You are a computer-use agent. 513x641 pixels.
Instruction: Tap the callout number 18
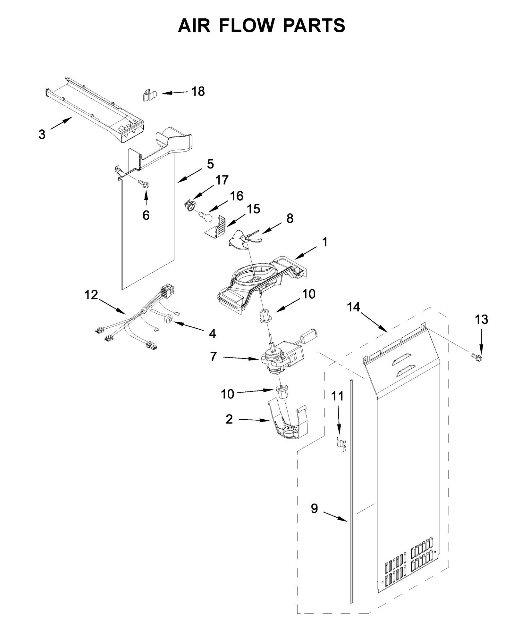pos(198,91)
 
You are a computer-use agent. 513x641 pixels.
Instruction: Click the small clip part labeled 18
pos(149,95)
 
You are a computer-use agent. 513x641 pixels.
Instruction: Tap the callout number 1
pos(325,242)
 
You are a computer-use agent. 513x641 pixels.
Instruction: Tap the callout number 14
pos(353,307)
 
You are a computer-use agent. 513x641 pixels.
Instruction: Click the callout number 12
pos(91,295)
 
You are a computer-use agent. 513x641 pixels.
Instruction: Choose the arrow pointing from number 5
pos(189,176)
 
